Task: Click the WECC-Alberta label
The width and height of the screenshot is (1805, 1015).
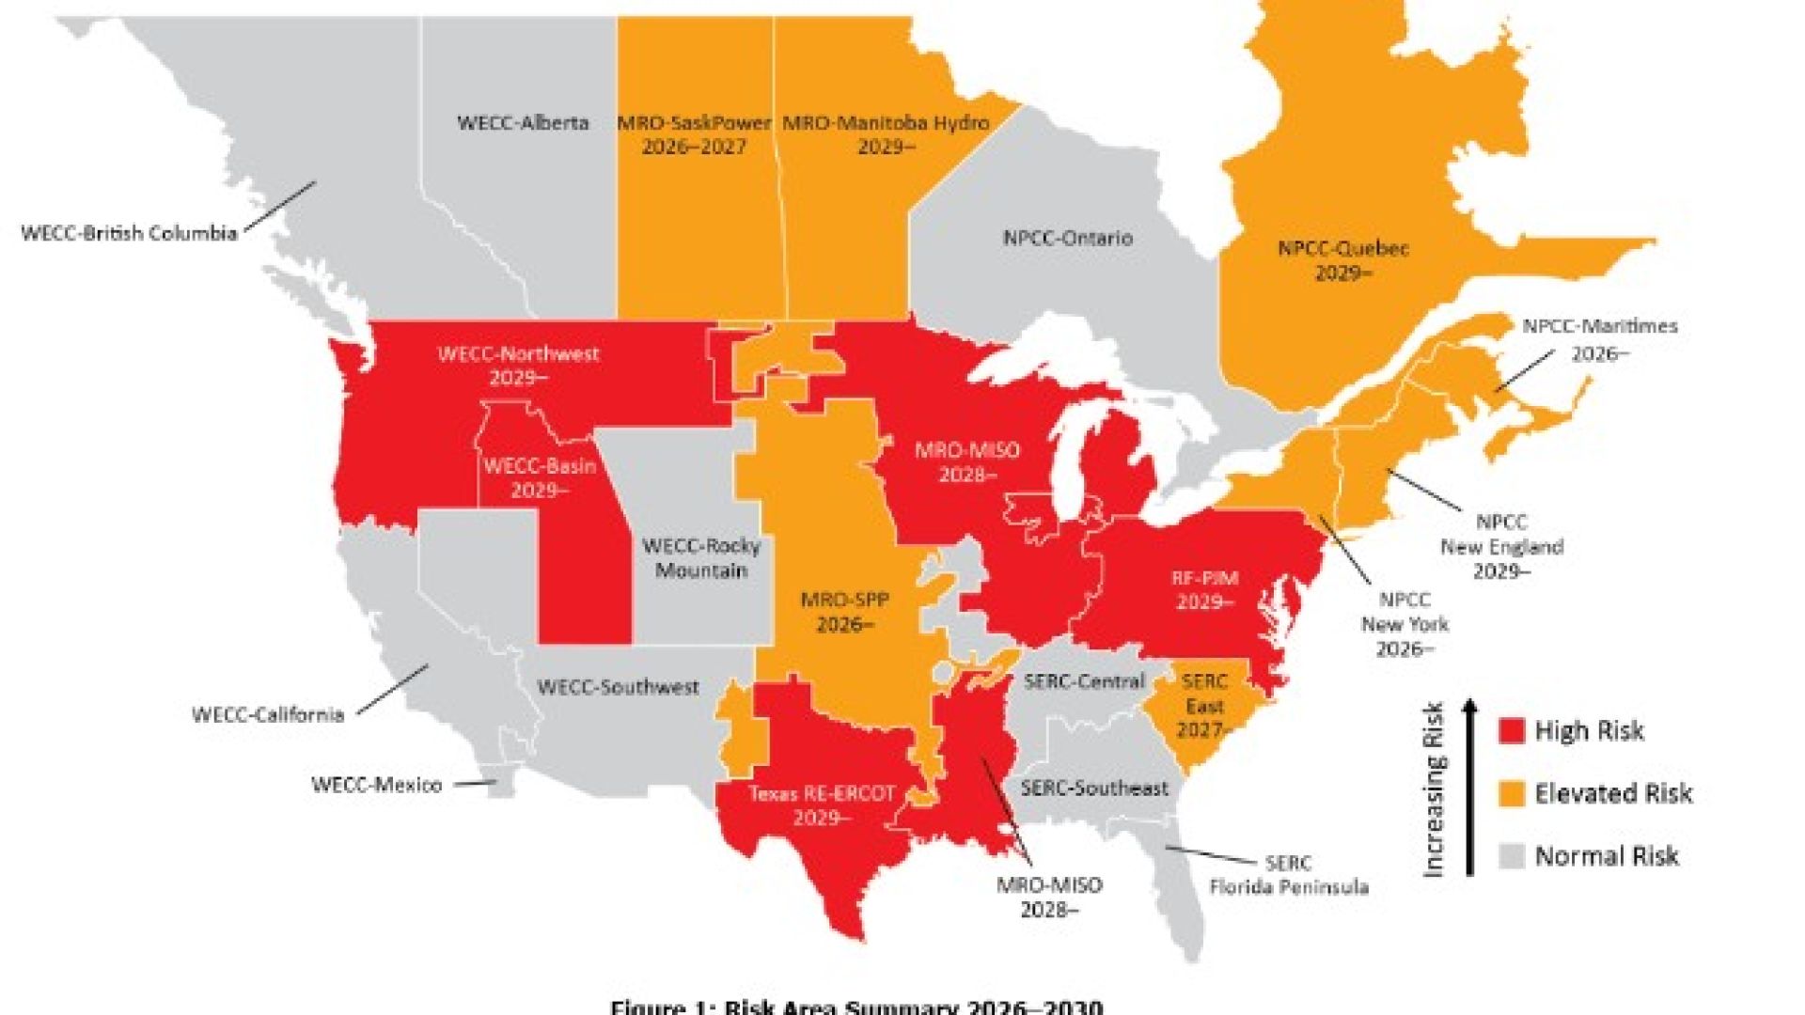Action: (x=523, y=123)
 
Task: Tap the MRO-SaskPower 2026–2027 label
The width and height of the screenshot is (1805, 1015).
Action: (x=694, y=134)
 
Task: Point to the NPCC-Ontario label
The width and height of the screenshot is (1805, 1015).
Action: (x=1067, y=238)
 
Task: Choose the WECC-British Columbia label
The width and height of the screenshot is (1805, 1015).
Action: (x=129, y=233)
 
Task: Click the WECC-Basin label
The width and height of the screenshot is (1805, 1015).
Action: (x=540, y=477)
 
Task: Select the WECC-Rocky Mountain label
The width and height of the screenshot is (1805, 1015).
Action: (x=701, y=558)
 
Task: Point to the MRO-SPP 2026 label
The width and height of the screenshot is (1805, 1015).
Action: (x=844, y=612)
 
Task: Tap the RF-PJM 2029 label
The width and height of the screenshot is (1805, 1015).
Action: (x=1204, y=590)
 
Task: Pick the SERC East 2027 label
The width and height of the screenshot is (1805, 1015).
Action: (x=1204, y=705)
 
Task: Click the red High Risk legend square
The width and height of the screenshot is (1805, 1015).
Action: (x=1511, y=731)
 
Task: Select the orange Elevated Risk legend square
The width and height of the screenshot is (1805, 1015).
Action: (x=1511, y=794)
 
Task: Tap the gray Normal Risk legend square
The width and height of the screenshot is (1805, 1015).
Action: (x=1511, y=856)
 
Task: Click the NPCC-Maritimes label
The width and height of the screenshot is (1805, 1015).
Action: (x=1600, y=339)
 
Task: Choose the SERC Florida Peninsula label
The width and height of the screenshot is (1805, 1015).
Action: (x=1288, y=875)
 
